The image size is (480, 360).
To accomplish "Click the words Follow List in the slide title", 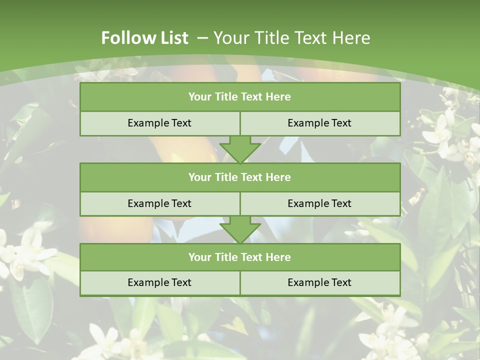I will (x=145, y=38).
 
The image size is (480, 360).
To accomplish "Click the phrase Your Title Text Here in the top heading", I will (x=292, y=38).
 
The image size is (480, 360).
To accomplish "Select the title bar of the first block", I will (x=240, y=97).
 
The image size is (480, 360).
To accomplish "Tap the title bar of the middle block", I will (x=240, y=177).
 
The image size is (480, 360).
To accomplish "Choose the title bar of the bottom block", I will (x=240, y=257).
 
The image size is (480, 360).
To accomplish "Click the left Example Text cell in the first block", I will (x=159, y=123).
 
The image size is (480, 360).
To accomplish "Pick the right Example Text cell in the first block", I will (x=319, y=123).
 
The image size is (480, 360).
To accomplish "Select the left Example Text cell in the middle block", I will (x=159, y=203).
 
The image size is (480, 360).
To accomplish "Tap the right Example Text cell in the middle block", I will (x=319, y=203).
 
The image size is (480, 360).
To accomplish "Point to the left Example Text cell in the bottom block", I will (x=159, y=282).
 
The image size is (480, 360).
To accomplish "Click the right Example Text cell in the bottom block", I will (x=319, y=282).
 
